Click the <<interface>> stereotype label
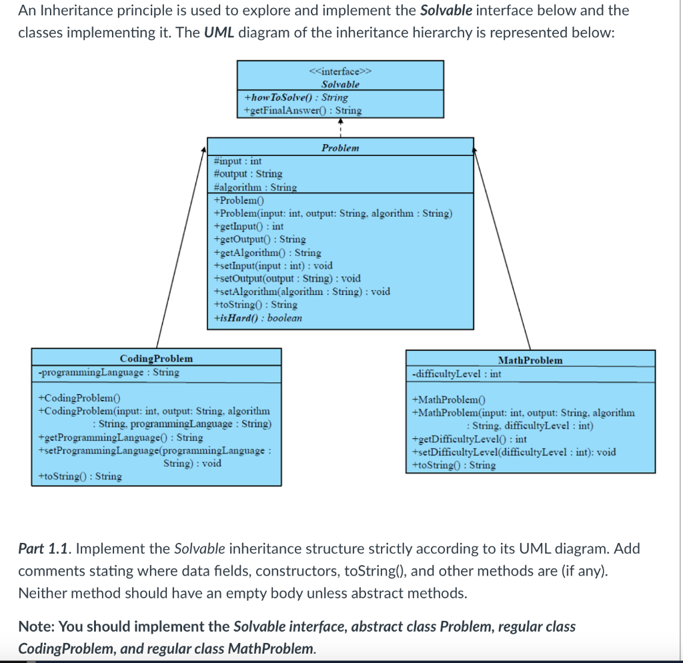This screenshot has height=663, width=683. pos(340,71)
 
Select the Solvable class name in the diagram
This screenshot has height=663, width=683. pos(340,84)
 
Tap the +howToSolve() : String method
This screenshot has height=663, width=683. pos(296,97)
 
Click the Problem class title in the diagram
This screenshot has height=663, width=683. pos(340,147)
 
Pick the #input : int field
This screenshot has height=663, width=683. pos(237,161)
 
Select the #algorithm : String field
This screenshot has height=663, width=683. pos(255,187)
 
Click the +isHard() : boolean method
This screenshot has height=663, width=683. pos(257,317)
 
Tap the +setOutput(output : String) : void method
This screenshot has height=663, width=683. pos(287,278)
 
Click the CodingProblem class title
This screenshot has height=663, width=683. pos(156,359)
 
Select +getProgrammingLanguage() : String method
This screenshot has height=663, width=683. pos(121,438)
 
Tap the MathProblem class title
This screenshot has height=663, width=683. pos(530,360)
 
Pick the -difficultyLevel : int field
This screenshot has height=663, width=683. pos(457,374)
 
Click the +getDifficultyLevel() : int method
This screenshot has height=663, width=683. pos(470,439)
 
